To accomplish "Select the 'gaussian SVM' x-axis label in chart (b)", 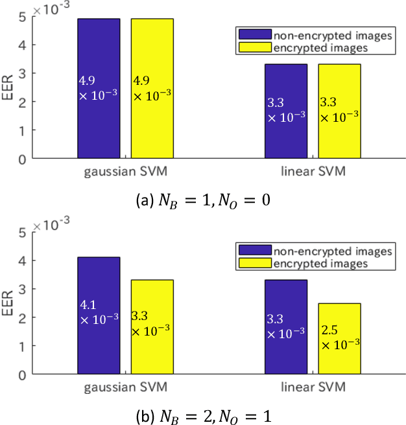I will [126, 387].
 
